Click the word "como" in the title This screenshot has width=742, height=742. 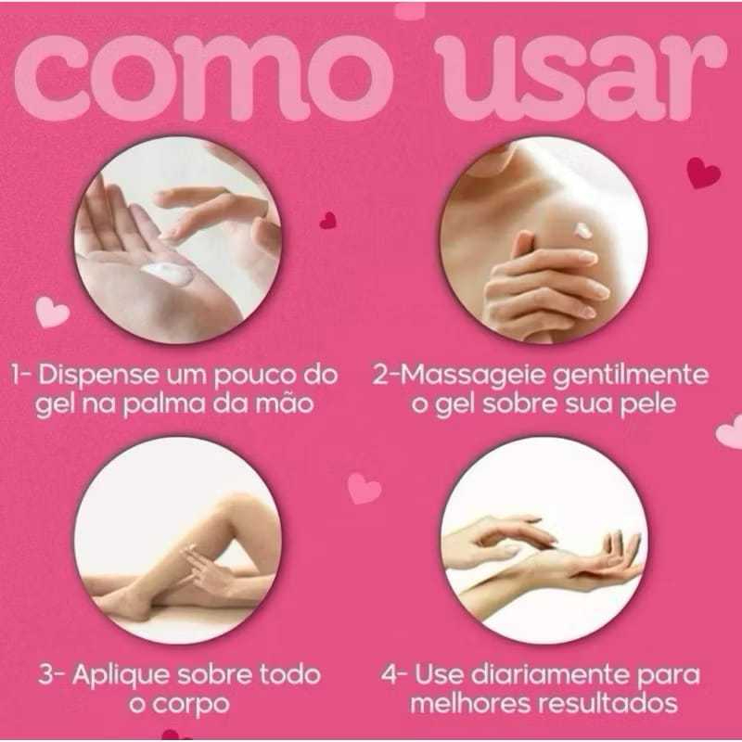click(x=203, y=78)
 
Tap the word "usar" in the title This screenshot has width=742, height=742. click(x=581, y=78)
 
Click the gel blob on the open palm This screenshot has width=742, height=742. click(x=167, y=274)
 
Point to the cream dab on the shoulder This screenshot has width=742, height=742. click(x=582, y=230)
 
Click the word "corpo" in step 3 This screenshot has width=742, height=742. click(x=191, y=705)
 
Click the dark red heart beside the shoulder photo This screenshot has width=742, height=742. click(x=703, y=173)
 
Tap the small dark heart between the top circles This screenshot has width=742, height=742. click(x=328, y=220)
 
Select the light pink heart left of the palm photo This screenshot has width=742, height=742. click(x=52, y=312)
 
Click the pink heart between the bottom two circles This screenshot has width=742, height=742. click(x=364, y=489)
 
